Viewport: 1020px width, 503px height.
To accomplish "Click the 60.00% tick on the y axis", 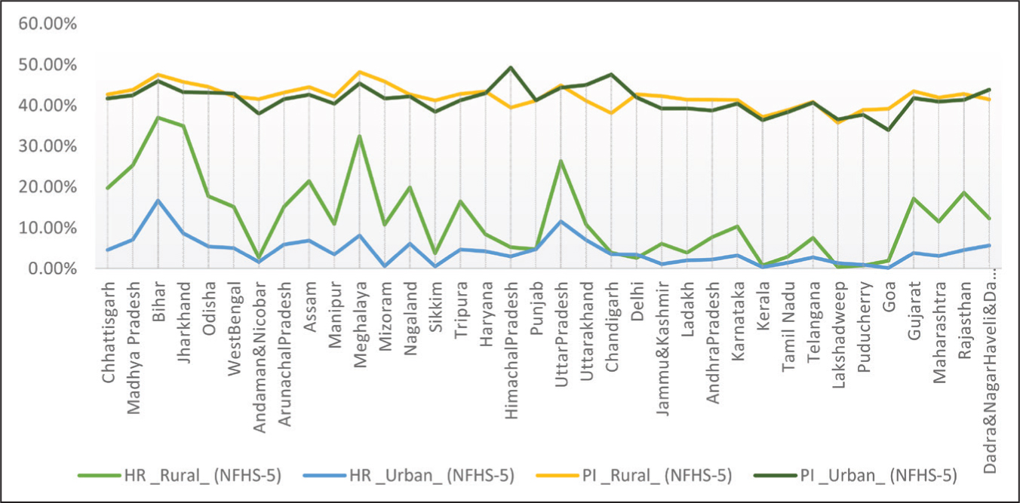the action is (x=48, y=23).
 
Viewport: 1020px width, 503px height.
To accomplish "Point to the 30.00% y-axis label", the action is (x=48, y=146).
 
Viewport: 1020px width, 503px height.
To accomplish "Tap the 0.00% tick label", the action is (x=52, y=268).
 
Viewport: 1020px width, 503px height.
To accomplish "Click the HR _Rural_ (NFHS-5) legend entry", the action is (x=180, y=475).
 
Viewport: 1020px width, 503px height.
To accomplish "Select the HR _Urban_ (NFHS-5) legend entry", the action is (x=408, y=475).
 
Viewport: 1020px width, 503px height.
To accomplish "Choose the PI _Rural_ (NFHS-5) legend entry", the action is (x=634, y=475).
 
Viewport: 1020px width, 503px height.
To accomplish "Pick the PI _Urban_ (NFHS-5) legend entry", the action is (x=856, y=475).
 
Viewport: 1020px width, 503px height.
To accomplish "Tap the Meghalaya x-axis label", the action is (x=360, y=324).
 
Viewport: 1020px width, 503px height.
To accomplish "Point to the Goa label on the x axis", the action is (x=889, y=296).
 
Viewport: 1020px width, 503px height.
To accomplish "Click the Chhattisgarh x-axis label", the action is (x=108, y=333).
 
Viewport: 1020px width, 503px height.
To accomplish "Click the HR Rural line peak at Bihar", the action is (x=158, y=118).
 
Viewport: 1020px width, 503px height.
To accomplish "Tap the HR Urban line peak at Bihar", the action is (x=158, y=201).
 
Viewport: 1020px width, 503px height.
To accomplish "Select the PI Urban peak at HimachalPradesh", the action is (x=511, y=67).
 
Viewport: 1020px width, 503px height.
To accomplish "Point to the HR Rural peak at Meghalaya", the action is (x=360, y=136).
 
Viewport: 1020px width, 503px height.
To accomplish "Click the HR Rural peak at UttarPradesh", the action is (x=561, y=161).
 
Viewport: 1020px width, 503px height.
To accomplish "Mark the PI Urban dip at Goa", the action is (x=889, y=130).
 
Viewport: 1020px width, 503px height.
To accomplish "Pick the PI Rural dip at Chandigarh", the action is (x=612, y=113).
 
